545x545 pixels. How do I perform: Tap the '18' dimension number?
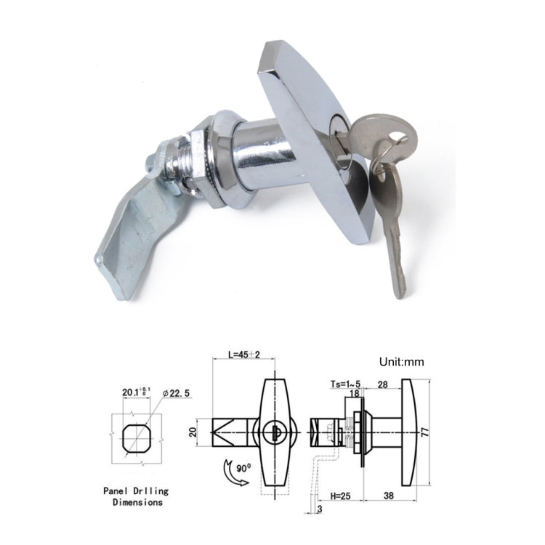point(355,393)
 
